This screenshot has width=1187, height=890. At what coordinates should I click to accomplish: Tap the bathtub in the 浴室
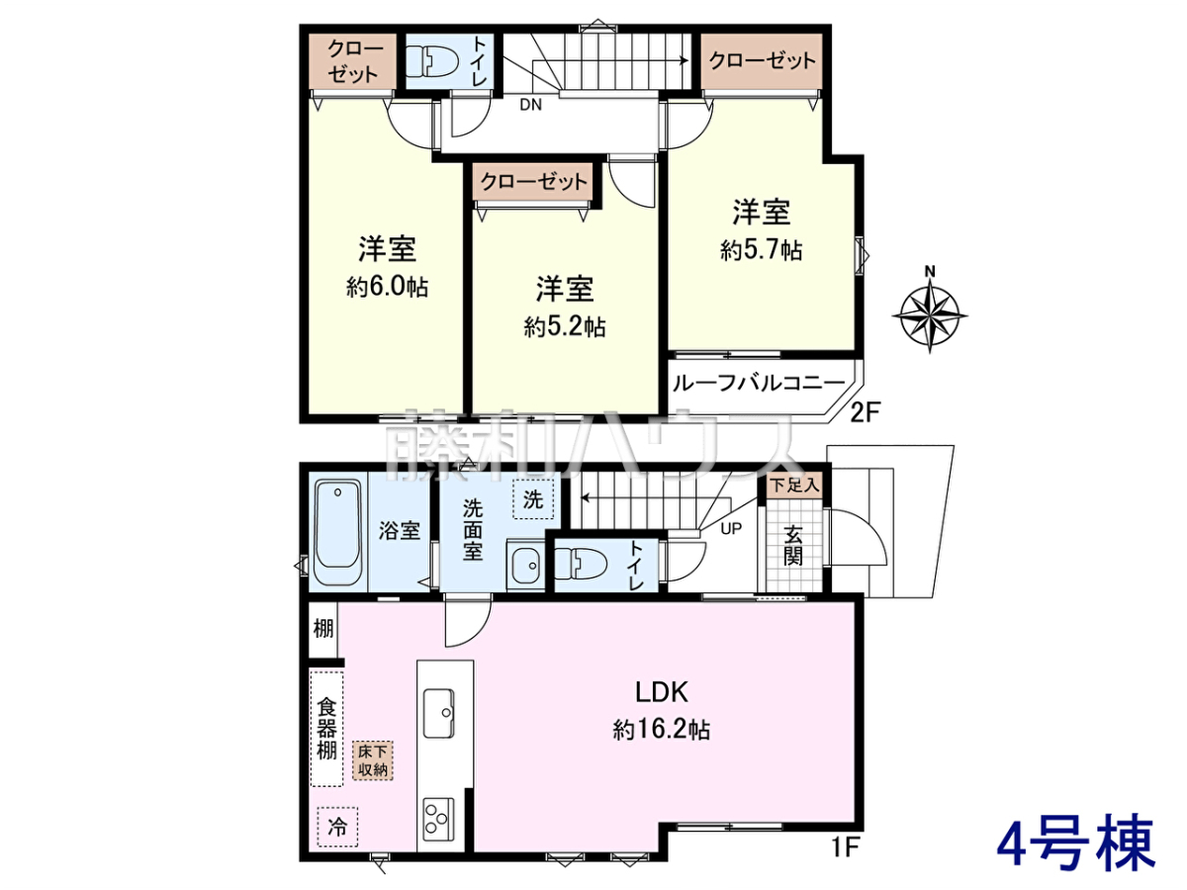[337, 532]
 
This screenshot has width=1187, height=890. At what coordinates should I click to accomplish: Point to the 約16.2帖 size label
[662, 730]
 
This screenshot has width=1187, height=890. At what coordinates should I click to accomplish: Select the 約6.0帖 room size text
[387, 288]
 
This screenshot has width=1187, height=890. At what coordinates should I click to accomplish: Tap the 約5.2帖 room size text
[565, 327]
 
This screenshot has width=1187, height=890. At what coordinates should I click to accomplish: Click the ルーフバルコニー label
[758, 383]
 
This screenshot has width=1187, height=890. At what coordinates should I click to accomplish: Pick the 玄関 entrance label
[793, 545]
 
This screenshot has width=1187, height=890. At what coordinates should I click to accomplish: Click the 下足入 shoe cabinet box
[795, 485]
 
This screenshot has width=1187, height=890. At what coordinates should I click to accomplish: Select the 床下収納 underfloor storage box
[373, 759]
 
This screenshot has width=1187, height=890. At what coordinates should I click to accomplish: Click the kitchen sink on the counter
[438, 713]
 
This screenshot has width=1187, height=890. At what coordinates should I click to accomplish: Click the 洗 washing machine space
[532, 499]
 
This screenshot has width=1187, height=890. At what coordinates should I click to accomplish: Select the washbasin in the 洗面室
[525, 565]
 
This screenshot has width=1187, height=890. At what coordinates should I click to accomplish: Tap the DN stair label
[530, 105]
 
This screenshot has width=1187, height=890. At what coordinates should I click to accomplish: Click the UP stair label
[731, 528]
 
